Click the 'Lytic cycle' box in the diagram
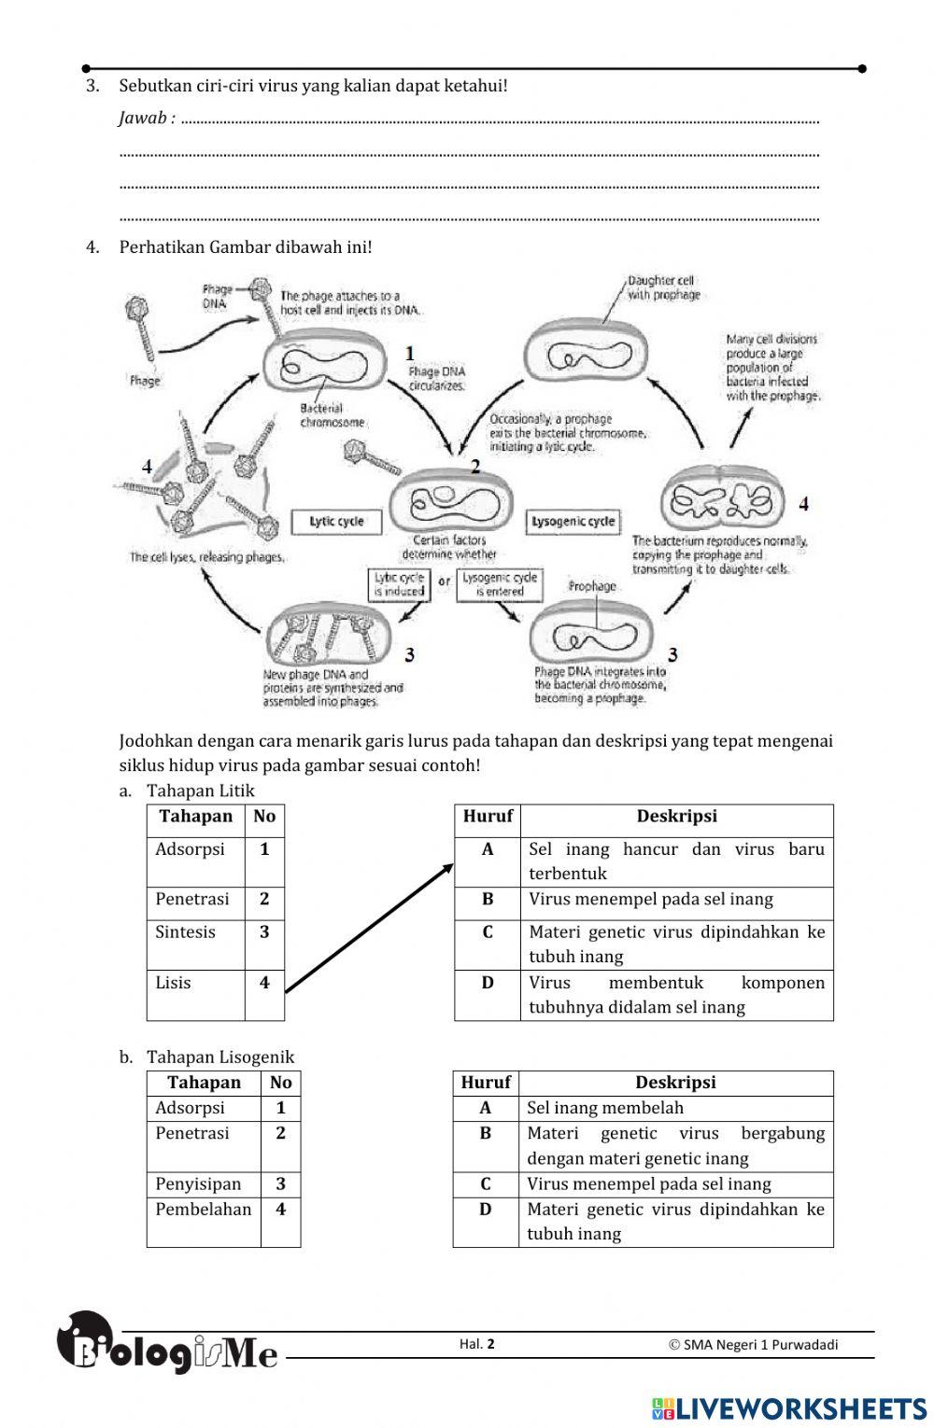pos(336,521)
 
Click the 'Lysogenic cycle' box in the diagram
pos(573,521)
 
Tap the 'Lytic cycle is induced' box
pos(399,584)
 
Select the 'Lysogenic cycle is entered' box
pos(500,584)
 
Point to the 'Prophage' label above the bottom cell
pos(592,586)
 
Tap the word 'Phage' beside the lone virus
pos(145,380)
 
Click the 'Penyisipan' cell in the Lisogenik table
pos(198,1183)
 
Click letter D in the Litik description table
pos(487,983)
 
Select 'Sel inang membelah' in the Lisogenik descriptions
pos(605,1108)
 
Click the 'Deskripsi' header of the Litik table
pos(676,817)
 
